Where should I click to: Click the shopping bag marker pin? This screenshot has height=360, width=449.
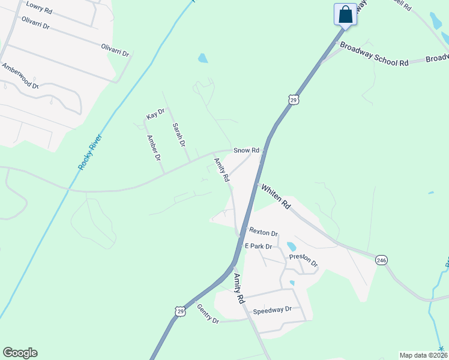[346, 14]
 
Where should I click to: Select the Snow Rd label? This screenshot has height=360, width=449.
[246, 150]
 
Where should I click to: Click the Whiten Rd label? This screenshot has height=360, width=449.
[276, 196]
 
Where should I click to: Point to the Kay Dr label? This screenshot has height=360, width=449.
[155, 114]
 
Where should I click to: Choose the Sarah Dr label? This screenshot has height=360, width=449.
[178, 136]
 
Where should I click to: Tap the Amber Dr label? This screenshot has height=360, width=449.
[154, 148]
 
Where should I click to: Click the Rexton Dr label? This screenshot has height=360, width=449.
[264, 233]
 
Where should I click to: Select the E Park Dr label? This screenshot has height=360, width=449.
[259, 246]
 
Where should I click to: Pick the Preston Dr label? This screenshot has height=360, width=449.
[303, 260]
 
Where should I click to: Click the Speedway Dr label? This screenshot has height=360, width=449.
[272, 310]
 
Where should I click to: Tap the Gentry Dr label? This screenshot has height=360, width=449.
[208, 314]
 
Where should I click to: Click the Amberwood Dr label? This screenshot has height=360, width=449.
[20, 76]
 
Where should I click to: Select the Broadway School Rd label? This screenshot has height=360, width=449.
[374, 54]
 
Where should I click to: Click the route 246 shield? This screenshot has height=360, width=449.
[381, 260]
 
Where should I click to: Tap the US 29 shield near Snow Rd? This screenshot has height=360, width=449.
[293, 100]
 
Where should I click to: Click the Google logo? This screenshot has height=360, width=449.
[20, 353]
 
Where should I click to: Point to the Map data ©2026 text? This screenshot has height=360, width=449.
[423, 355]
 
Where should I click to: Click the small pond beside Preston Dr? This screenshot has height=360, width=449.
[292, 247]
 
